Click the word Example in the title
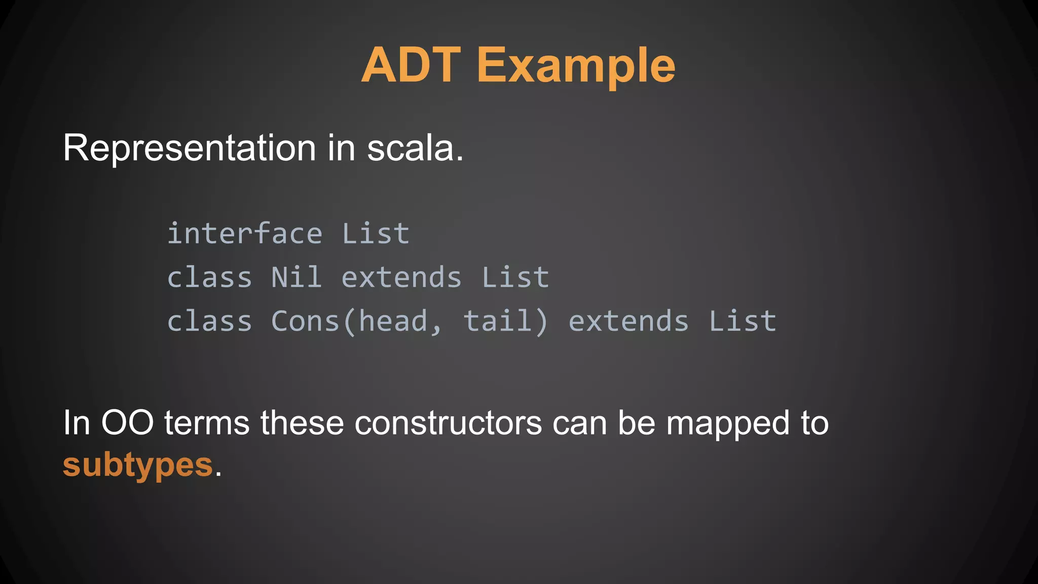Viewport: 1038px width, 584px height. [x=576, y=66]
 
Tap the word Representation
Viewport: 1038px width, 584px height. [x=190, y=148]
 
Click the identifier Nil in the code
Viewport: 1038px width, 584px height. [x=296, y=278]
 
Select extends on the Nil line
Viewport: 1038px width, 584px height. [x=401, y=278]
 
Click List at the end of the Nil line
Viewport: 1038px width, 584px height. [x=515, y=278]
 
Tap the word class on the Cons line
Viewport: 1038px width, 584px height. [x=209, y=322]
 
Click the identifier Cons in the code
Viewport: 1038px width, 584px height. [x=305, y=322]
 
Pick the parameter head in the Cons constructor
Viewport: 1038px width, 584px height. [x=393, y=322]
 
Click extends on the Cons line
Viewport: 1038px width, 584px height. [x=628, y=322]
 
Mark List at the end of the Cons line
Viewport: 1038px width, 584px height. [x=742, y=322]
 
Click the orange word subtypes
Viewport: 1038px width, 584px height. [x=137, y=465]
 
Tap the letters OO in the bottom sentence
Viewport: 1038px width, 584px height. [x=127, y=423]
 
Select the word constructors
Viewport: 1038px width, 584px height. [x=448, y=423]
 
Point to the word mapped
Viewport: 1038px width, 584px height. [x=728, y=424]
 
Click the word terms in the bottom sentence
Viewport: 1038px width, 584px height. [x=207, y=423]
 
